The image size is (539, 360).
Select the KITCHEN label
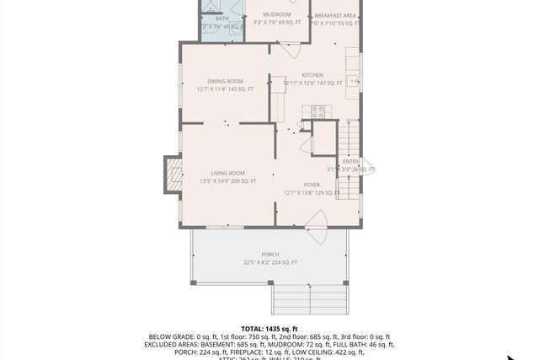tap(312, 75)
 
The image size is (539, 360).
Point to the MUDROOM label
tap(276, 14)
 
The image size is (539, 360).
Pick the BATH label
tap(221, 18)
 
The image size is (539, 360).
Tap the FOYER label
tap(312, 184)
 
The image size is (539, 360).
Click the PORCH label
tap(269, 255)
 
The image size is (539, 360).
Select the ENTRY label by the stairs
tap(350, 161)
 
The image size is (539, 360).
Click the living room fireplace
tap(173, 176)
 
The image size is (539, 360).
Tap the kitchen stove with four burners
tap(318, 110)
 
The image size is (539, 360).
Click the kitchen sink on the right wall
tap(355, 82)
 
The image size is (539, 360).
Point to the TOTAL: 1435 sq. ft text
tap(269, 328)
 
